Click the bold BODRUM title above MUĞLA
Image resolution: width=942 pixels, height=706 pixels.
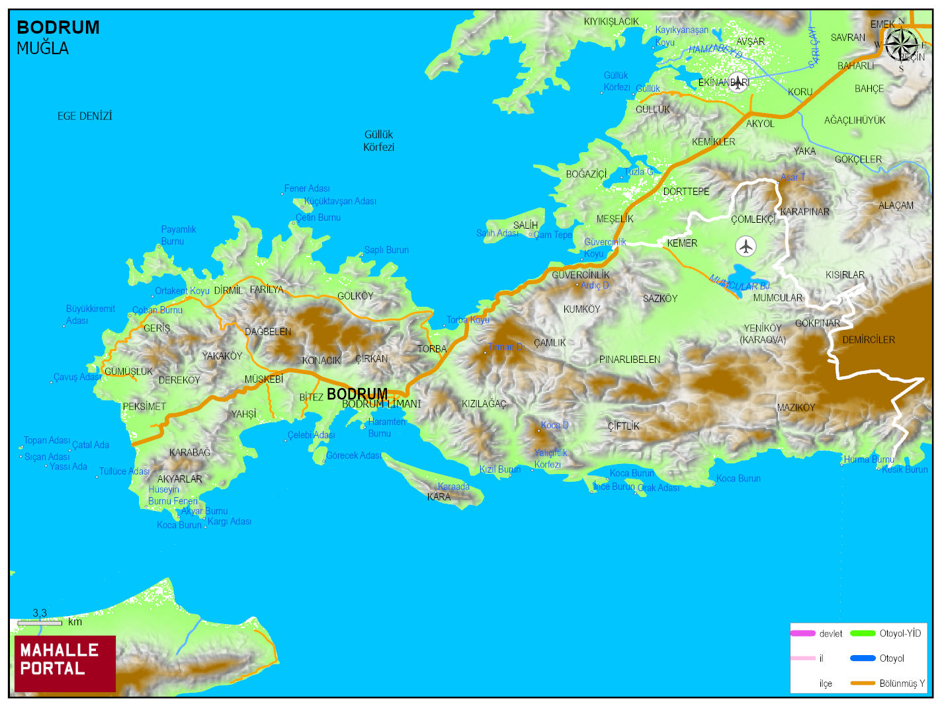pos(58,28)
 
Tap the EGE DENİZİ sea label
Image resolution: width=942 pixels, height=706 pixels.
pos(85,116)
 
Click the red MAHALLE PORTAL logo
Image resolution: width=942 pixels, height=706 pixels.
pos(65,663)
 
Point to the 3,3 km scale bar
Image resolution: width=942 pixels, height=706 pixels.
pos(40,622)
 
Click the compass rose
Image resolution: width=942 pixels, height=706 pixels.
pos(900,46)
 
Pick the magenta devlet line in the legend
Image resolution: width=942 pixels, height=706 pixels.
pos(802,633)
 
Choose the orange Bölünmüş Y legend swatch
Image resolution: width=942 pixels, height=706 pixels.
pos(863,683)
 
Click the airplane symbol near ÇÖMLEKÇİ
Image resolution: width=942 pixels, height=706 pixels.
pos(746,247)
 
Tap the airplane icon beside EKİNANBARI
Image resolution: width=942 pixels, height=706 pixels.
pos(738,83)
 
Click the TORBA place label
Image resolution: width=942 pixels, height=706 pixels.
pos(432,349)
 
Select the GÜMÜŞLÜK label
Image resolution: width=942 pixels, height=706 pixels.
pos(128,372)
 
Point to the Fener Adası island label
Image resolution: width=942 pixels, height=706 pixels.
pos(307,188)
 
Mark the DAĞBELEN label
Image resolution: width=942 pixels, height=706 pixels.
pos(268,332)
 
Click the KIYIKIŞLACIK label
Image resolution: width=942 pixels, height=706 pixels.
pos(611,22)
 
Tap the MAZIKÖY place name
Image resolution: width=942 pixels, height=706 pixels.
pos(796,408)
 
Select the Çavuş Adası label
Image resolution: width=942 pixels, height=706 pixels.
pos(77,377)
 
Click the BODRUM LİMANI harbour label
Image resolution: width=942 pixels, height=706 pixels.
pos(381,404)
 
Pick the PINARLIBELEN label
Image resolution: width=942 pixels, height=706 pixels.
pos(630,360)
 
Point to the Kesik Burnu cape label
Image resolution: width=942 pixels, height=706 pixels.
pos(905,469)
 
